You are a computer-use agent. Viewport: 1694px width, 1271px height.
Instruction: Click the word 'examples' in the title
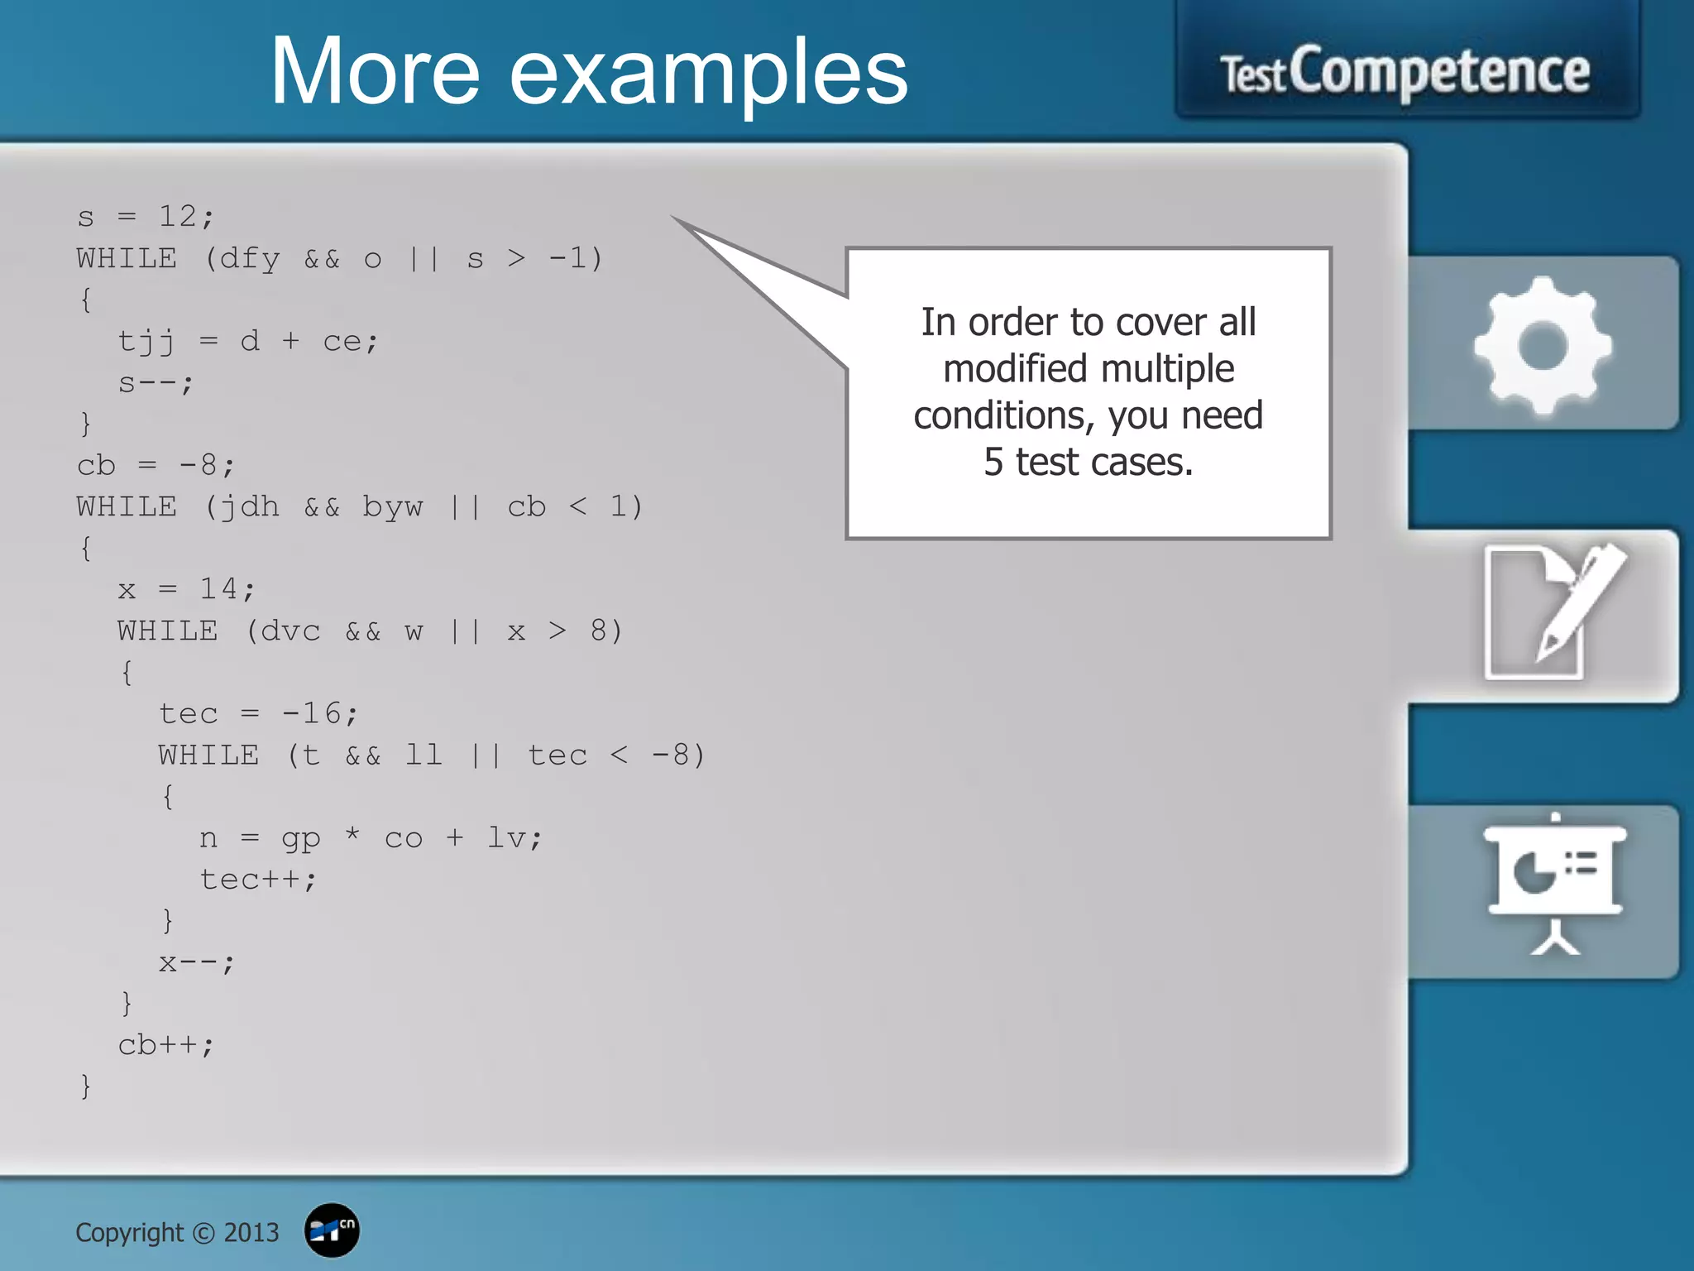point(708,74)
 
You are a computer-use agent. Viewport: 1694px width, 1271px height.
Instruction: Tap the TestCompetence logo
point(1405,73)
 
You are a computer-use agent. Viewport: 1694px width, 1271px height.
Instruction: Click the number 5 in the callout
point(993,462)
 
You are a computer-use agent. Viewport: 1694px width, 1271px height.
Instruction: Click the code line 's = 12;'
point(146,217)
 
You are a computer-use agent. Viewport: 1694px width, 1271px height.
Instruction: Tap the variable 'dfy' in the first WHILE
point(250,259)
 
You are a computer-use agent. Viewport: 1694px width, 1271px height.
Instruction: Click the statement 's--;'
point(156,383)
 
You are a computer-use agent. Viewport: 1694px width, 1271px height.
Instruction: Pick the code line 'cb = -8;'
point(156,465)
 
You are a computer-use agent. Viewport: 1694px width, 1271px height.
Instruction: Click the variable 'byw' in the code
point(393,507)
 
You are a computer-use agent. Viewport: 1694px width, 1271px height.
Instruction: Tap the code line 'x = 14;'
point(186,589)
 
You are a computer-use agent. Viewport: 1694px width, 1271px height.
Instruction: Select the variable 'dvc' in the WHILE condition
point(290,631)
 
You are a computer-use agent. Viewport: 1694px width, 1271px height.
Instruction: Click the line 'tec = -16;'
point(258,713)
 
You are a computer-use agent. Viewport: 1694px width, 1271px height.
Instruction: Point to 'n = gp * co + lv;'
point(371,838)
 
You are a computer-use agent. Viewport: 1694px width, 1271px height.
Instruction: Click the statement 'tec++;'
point(258,880)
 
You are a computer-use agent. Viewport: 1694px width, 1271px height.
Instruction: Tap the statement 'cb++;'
point(165,1045)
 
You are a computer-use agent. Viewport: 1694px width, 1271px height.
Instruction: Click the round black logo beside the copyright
point(332,1230)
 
